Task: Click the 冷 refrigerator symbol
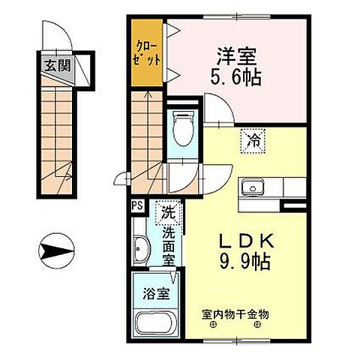(x=252, y=139)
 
